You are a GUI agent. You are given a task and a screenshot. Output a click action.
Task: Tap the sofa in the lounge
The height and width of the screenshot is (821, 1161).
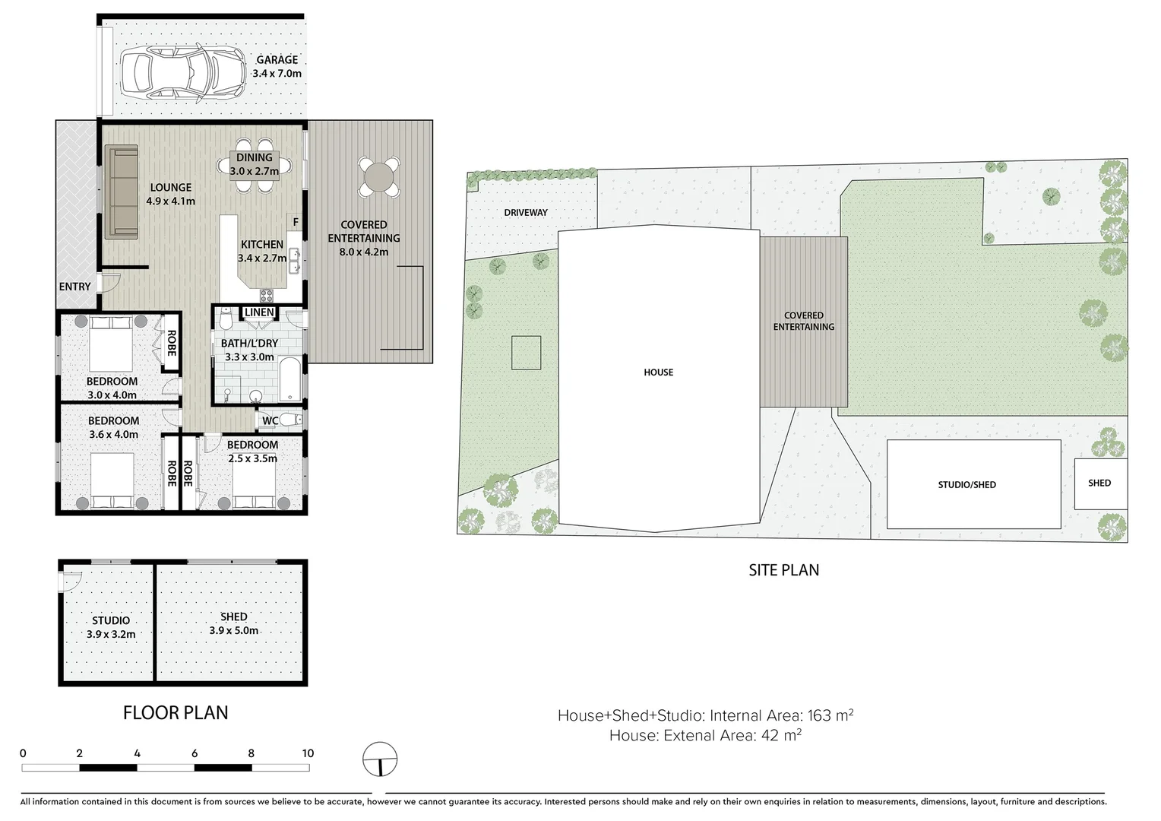coord(121,191)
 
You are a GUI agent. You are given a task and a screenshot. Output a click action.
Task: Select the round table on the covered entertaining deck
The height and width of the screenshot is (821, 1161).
coord(378,179)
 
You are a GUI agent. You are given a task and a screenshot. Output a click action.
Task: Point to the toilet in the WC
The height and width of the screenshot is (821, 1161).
coord(289,419)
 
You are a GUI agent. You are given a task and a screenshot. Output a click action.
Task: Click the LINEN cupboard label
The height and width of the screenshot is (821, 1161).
coord(259,312)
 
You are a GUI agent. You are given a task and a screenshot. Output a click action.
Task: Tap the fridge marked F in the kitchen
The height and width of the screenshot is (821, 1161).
coord(296,222)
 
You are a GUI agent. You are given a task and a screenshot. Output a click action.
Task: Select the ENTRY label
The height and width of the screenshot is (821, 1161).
coord(74,287)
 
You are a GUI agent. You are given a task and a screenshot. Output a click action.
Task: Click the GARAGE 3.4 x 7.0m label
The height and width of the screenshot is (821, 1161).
coord(277,67)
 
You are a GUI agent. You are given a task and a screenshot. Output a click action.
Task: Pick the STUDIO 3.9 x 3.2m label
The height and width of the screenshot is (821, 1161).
coord(111,627)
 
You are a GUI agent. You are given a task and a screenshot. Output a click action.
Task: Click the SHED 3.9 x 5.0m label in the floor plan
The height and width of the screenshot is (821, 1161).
coord(233,623)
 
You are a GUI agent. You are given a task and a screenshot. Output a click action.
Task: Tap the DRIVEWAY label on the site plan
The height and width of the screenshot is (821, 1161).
coord(526,213)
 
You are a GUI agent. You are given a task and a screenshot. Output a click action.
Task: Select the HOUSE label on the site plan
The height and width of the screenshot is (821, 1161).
coord(658,372)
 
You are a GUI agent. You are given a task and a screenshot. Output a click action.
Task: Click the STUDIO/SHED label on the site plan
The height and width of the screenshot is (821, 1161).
coord(966,484)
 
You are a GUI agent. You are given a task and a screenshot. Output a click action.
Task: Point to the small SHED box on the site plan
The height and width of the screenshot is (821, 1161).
coord(1099,483)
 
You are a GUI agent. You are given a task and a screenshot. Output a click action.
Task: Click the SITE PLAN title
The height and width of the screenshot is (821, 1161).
coord(783,569)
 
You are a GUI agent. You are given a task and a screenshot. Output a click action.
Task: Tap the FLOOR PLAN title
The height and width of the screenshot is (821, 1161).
coord(176,712)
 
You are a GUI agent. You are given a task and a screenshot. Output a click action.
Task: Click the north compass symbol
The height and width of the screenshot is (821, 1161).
coord(380,759)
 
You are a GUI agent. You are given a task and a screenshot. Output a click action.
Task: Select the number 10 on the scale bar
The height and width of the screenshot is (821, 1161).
coord(308,753)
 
